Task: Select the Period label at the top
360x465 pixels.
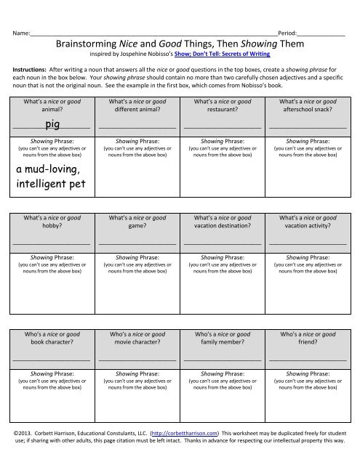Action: click(x=287, y=34)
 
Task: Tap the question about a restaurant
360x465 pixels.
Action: click(x=223, y=106)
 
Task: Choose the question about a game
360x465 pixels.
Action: click(x=137, y=221)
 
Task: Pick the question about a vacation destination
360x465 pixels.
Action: click(x=223, y=221)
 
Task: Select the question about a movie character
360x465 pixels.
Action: click(x=137, y=338)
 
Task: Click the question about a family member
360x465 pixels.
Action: click(x=223, y=338)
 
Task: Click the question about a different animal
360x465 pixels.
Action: click(x=137, y=106)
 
